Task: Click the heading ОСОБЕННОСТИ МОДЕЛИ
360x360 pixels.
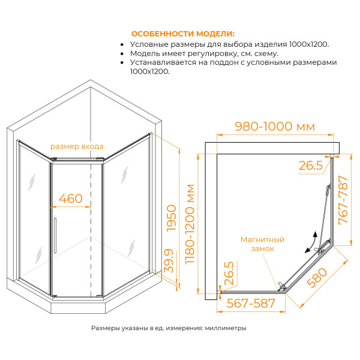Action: pos(183,34)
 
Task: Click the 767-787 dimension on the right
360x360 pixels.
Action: pos(343,200)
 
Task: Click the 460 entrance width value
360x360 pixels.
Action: pos(71,198)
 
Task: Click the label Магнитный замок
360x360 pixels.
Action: pos(262,244)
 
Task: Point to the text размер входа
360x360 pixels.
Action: pos(77,146)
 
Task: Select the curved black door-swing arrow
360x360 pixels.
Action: pos(310,241)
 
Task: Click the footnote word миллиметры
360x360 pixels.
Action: pos(225,328)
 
